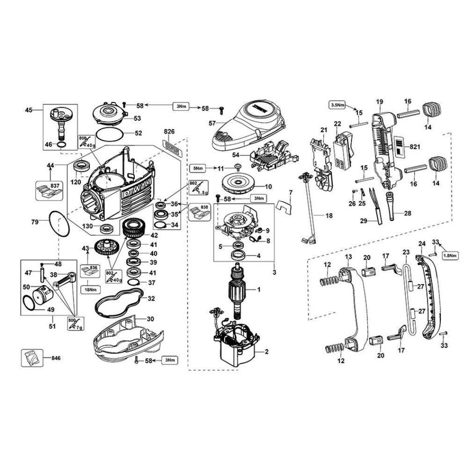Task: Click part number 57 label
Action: (x=212, y=123)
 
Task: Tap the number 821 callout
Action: (x=414, y=147)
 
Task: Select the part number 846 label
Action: (x=55, y=358)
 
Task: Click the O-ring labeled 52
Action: (x=110, y=133)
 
